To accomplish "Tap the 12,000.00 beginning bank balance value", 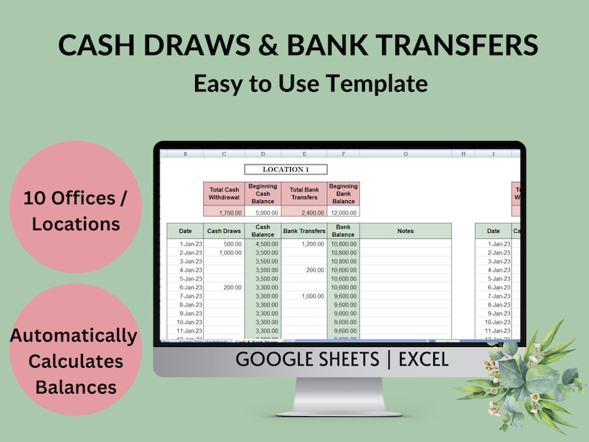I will coord(343,212).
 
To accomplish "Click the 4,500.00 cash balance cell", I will coord(263,244).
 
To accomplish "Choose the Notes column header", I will coord(405,231).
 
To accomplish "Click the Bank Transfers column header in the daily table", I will coord(304,231).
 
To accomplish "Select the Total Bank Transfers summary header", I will coord(304,194).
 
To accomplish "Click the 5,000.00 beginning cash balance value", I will coord(263,212).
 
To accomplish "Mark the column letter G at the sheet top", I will coord(406,154).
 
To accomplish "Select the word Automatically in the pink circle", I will coord(73,336).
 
